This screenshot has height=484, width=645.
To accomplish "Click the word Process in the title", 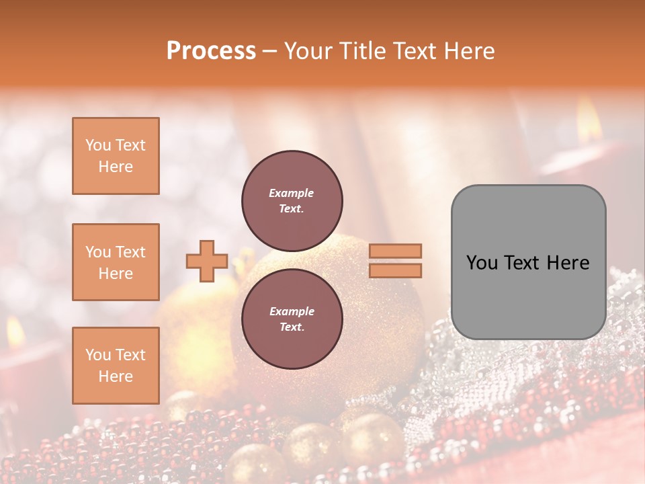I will [x=211, y=51].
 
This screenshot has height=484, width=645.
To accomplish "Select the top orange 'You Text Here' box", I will [x=116, y=156].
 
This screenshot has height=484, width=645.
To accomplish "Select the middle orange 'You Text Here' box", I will [x=116, y=262].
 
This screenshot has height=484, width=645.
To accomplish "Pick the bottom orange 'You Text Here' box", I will [x=116, y=365].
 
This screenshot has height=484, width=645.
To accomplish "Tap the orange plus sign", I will [x=207, y=261].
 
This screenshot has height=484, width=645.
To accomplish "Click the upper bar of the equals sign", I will [x=395, y=251].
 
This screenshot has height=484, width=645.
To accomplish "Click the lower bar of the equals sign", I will [x=395, y=270].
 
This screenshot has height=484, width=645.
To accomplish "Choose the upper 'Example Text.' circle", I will [x=292, y=200].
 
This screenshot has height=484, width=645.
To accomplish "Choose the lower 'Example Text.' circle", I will [x=292, y=319].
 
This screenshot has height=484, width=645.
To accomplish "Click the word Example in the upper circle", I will [x=292, y=193].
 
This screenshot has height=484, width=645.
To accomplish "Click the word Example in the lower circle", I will [x=292, y=311].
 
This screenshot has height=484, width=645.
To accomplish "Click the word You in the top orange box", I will [x=97, y=145].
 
